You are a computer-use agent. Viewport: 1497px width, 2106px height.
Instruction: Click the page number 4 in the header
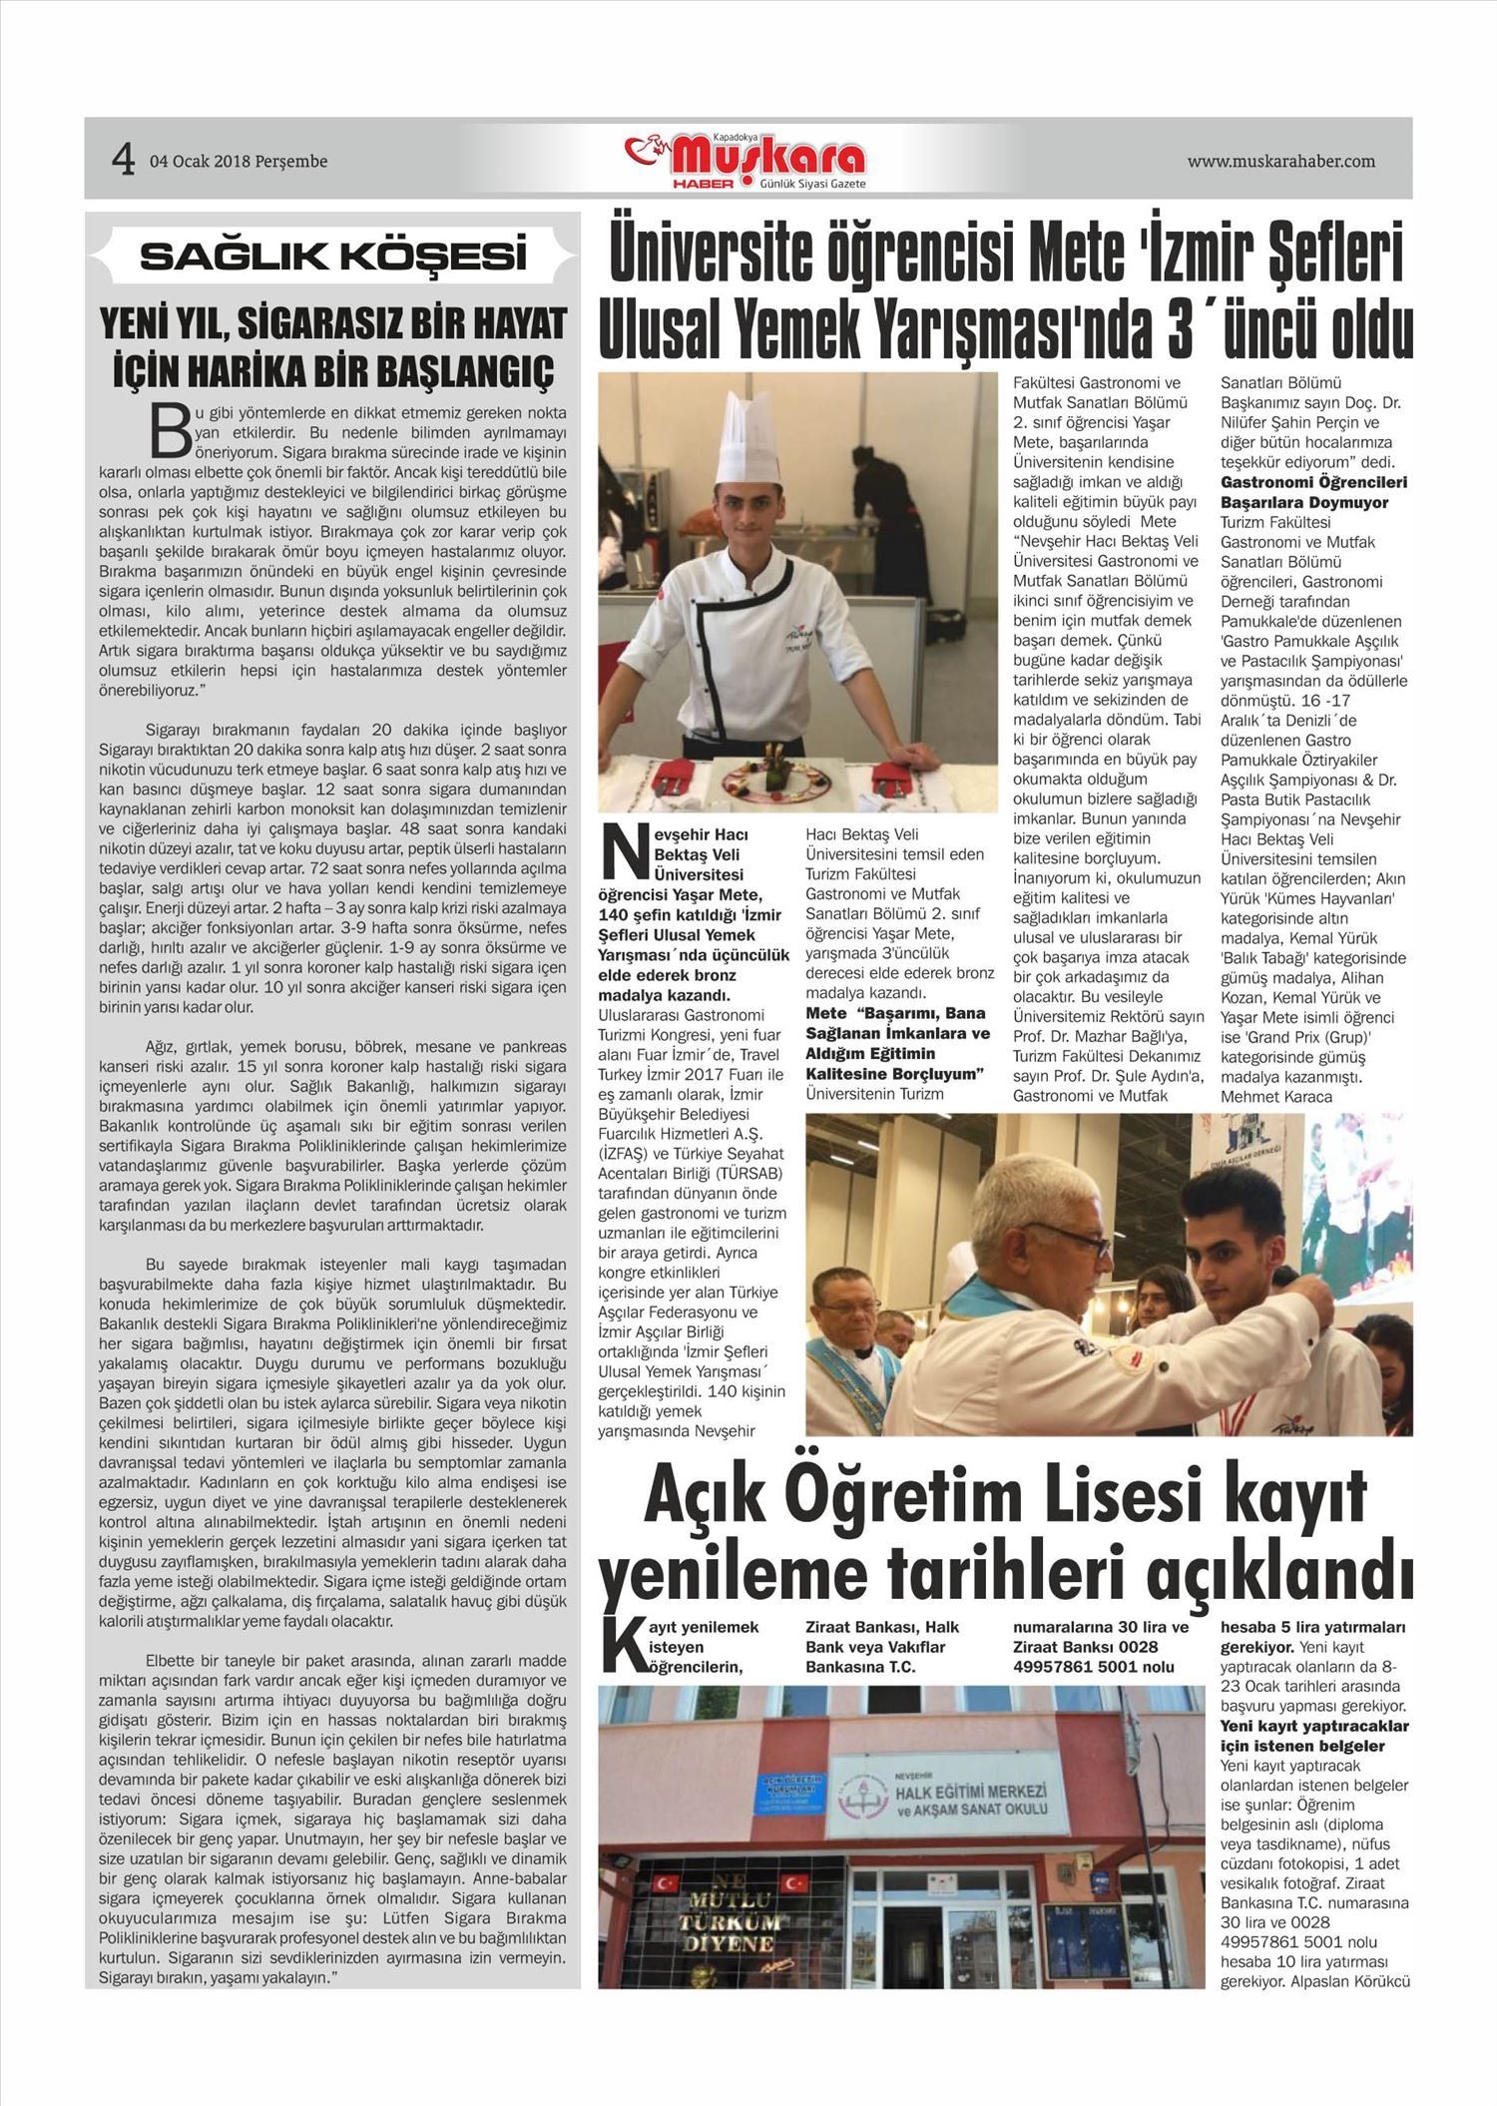click(123, 160)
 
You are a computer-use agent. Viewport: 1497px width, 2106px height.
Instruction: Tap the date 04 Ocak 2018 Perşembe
click(239, 161)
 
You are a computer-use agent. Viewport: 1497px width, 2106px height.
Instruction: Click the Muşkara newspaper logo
click(748, 161)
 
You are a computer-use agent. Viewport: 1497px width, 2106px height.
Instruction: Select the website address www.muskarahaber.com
click(1280, 161)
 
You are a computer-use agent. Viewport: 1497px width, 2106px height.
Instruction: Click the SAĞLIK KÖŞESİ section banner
click(332, 257)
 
